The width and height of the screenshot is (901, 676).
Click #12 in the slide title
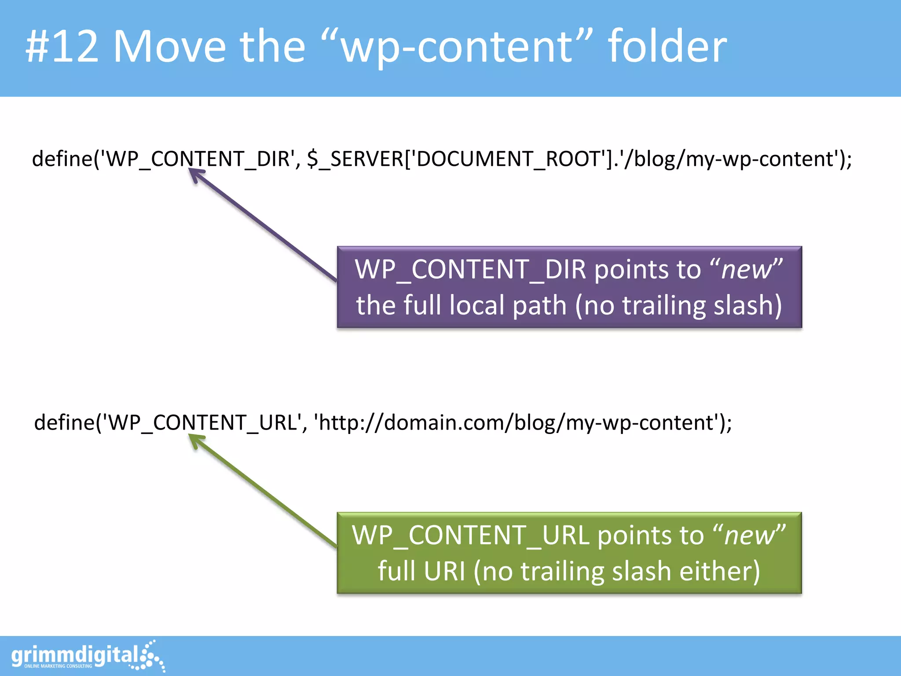point(62,46)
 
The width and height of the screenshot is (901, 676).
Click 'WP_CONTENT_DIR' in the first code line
point(198,159)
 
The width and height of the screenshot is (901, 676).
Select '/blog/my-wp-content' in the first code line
point(730,159)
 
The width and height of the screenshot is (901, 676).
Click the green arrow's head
point(195,439)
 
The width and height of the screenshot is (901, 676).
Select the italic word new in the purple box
point(747,270)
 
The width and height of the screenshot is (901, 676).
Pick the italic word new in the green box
point(749,536)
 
